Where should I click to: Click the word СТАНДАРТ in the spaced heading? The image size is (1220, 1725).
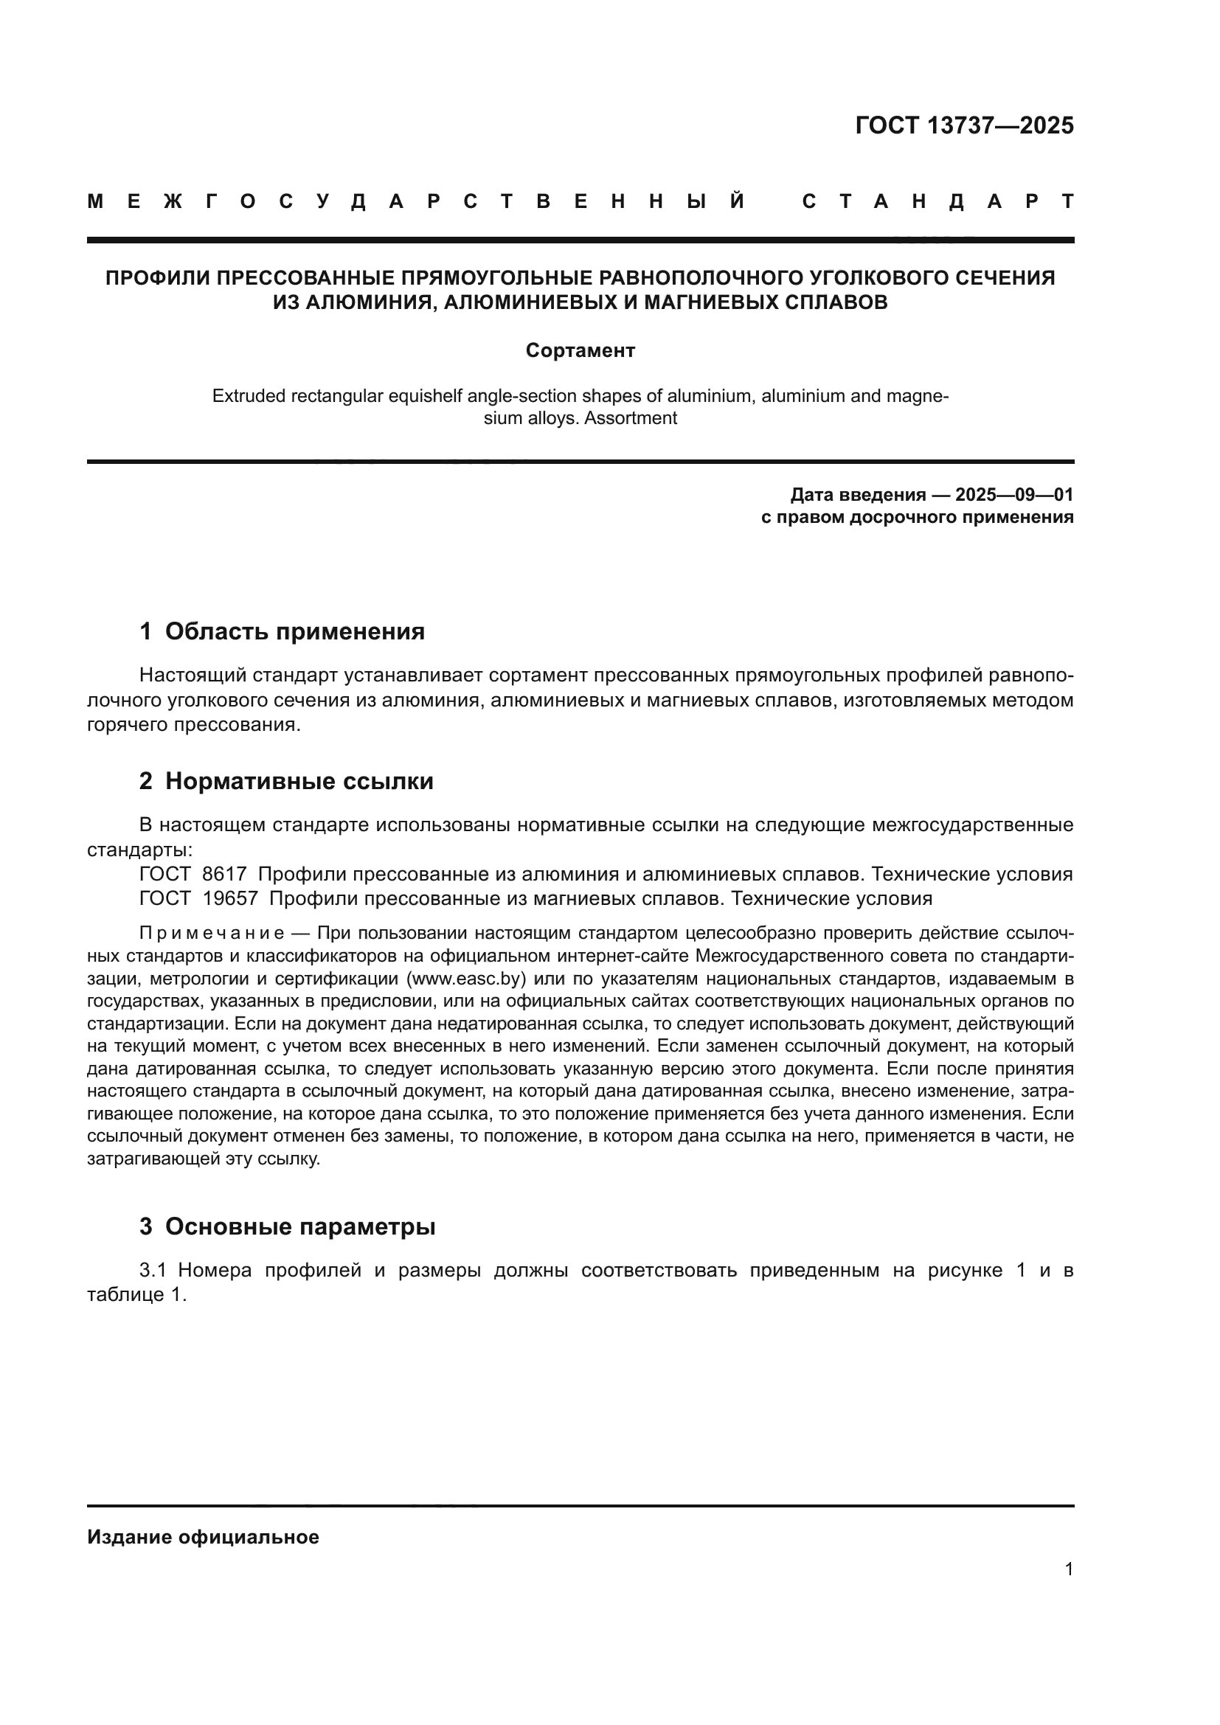937,201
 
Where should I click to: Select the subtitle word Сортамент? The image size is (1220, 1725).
580,350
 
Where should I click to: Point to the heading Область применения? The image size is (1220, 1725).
294,631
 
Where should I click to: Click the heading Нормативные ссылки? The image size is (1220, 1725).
299,781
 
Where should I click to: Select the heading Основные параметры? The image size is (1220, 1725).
299,1227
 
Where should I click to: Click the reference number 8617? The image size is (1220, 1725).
225,874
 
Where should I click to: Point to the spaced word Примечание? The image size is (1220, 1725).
212,934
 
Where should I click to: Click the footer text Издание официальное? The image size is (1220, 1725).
203,1537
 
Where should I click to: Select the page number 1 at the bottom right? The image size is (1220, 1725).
1068,1569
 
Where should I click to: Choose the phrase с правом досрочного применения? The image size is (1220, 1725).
917,517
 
